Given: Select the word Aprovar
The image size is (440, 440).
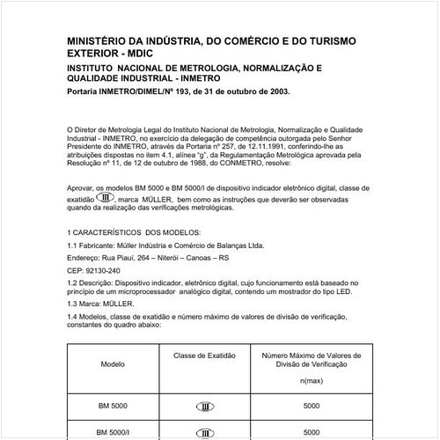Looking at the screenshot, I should (x=81, y=189).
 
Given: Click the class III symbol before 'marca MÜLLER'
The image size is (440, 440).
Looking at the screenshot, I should (x=105, y=199).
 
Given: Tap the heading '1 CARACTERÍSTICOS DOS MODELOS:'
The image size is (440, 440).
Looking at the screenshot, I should (x=133, y=232).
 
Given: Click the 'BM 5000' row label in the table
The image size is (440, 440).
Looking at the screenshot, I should (x=113, y=407).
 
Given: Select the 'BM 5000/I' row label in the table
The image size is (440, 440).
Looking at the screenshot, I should (x=113, y=433).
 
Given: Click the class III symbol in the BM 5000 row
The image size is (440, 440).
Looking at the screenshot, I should (x=204, y=407).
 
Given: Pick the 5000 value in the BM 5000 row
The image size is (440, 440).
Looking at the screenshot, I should (x=311, y=407).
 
